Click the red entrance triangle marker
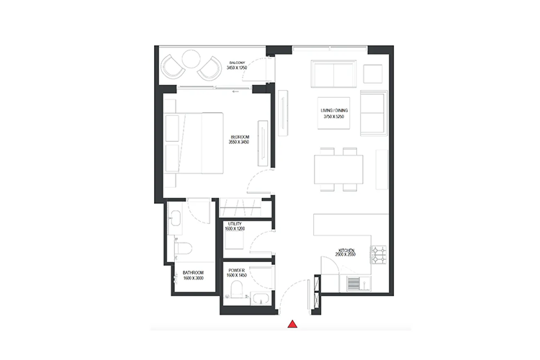tap(292, 325)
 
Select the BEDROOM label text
tap(240, 137)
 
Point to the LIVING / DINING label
tap(336, 110)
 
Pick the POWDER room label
tap(235, 269)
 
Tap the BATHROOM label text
tap(193, 273)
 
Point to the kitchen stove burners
tap(379, 253)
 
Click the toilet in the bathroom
tap(183, 251)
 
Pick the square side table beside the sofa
tap(372, 73)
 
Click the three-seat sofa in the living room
tap(333, 73)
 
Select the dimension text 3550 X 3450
tap(240, 142)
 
